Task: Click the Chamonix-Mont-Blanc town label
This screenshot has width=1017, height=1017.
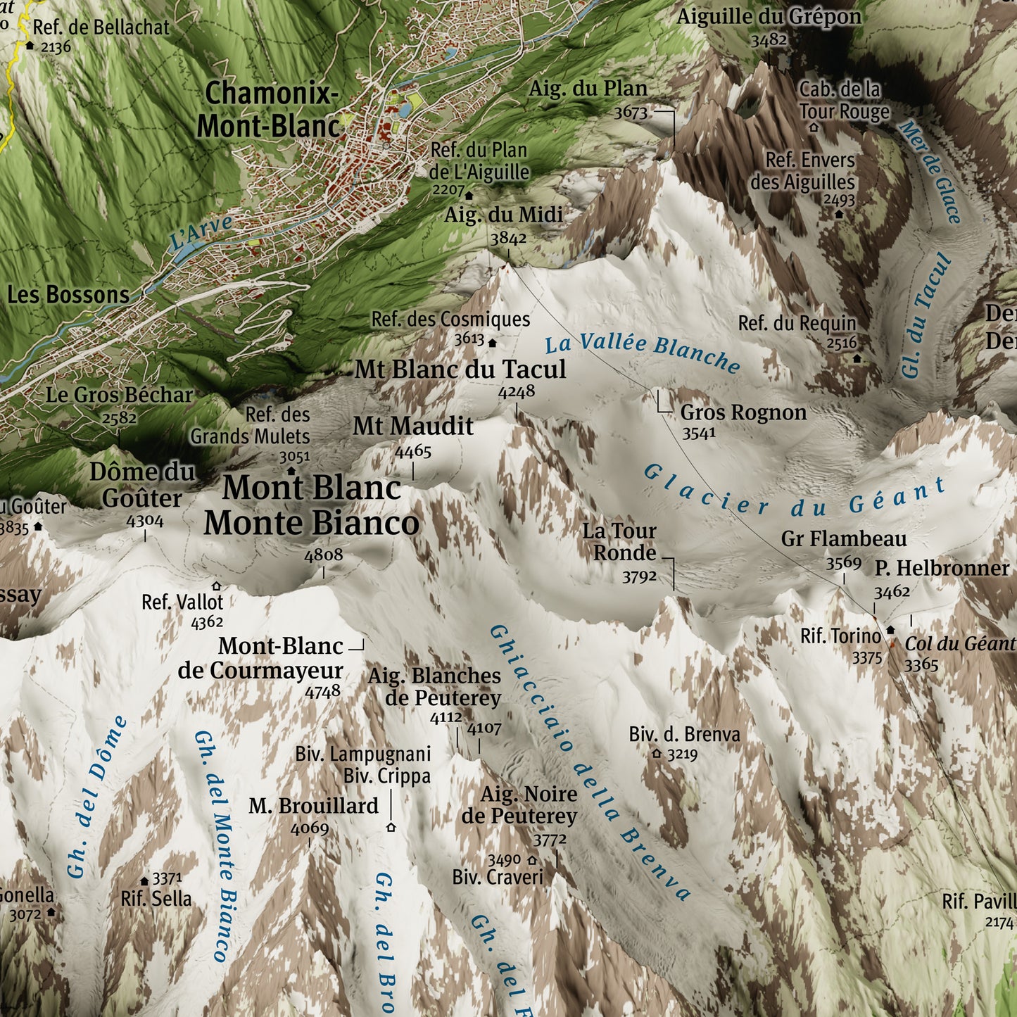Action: point(269,110)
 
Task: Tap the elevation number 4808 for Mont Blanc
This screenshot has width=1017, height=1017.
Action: point(323,555)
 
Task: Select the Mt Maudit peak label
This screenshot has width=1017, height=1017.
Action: point(413,427)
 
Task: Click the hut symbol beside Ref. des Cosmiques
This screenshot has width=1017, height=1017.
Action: point(493,343)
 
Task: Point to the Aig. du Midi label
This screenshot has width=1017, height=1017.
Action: point(503,215)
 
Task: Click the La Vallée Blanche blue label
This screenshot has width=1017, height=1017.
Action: point(642,351)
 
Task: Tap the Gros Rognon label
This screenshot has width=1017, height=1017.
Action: point(743,412)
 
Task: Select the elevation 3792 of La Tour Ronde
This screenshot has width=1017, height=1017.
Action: point(639,577)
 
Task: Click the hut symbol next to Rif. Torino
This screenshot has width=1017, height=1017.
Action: point(890,630)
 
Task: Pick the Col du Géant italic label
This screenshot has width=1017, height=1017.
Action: point(959,644)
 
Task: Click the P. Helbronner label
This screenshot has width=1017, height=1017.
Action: point(942,568)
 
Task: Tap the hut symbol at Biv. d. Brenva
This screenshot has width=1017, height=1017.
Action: point(657,754)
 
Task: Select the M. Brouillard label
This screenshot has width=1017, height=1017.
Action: point(313,806)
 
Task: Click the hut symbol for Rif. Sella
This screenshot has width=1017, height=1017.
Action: point(144,880)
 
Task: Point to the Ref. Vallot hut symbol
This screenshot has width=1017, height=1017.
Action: point(216,586)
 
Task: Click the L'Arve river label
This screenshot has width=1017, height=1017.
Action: point(201,233)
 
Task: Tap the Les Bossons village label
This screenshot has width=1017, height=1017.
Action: point(68,295)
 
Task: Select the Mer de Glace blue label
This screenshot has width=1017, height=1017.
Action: point(930,172)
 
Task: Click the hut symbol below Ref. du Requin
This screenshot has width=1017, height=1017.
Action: point(857,358)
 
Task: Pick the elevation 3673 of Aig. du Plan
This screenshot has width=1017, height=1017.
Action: point(631,112)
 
